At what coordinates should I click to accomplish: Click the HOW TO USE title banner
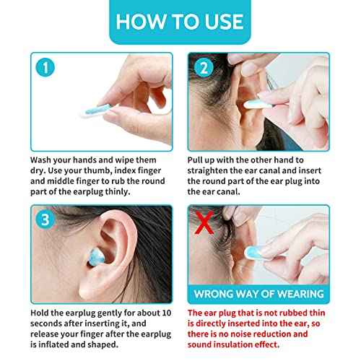(180, 22)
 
